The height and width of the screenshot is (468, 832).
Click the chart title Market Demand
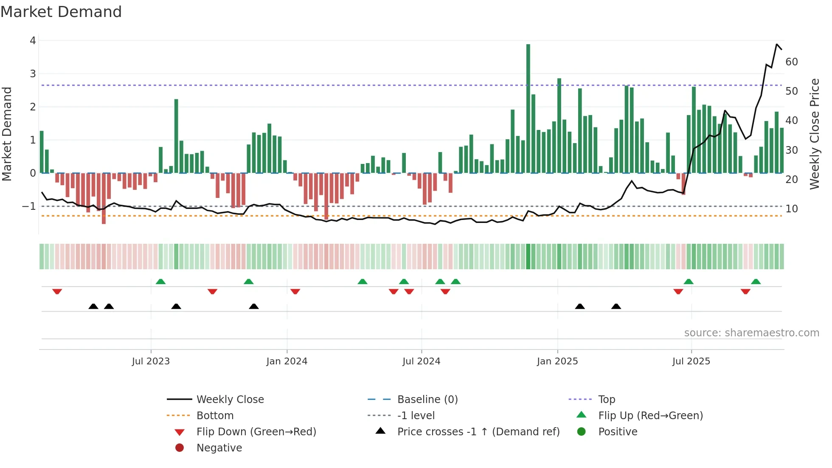(x=61, y=12)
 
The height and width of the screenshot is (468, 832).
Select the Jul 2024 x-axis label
(x=421, y=361)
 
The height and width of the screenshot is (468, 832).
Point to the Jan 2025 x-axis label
(x=557, y=361)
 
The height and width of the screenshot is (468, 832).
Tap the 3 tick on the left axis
(x=33, y=74)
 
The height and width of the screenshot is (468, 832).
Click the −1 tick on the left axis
(x=29, y=206)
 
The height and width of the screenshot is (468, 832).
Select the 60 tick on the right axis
(x=791, y=62)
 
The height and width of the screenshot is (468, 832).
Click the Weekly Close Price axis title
(x=814, y=134)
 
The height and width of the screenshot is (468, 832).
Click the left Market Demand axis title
(x=7, y=134)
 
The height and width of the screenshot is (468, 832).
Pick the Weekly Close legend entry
(x=230, y=400)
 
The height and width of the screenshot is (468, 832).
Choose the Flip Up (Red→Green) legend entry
(x=650, y=416)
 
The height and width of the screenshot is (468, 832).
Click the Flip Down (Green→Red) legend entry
(x=256, y=432)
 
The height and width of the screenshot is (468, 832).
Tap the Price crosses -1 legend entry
(x=478, y=432)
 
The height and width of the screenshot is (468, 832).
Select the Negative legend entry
(x=219, y=448)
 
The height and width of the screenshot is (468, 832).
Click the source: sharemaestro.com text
(x=751, y=333)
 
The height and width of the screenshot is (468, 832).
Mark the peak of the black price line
(x=777, y=44)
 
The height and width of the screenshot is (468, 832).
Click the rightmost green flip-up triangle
(x=756, y=282)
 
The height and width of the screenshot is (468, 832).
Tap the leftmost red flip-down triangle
(x=57, y=291)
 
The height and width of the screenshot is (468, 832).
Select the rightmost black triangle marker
(x=616, y=306)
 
